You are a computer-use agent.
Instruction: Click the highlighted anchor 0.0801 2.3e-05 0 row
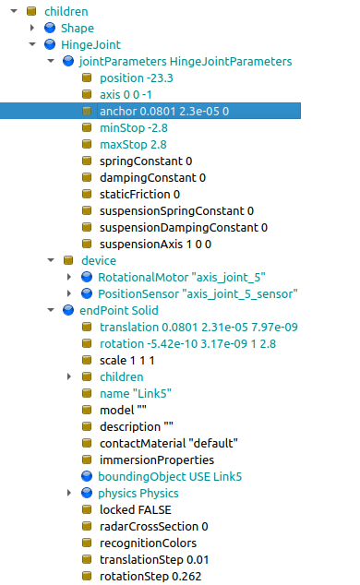click(163, 111)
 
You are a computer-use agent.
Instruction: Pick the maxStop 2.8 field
click(132, 144)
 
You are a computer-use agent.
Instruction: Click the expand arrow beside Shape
click(33, 28)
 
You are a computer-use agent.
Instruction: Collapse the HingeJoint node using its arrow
click(33, 44)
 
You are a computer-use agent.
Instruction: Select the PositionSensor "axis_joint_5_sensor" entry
click(198, 293)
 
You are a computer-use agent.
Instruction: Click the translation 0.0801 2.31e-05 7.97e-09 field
click(198, 327)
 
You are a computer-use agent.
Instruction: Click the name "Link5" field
click(136, 393)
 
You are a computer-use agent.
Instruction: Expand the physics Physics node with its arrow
click(70, 493)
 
